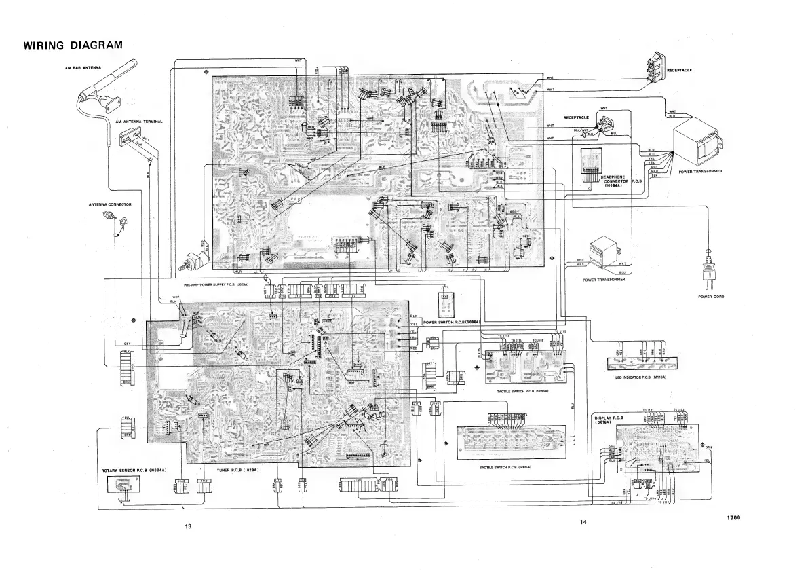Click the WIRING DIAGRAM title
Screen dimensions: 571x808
(73, 45)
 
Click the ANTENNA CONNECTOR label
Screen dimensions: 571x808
(109, 204)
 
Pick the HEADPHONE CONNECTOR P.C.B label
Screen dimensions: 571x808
(621, 181)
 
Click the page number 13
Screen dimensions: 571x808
(189, 526)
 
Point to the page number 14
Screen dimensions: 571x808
(583, 521)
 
